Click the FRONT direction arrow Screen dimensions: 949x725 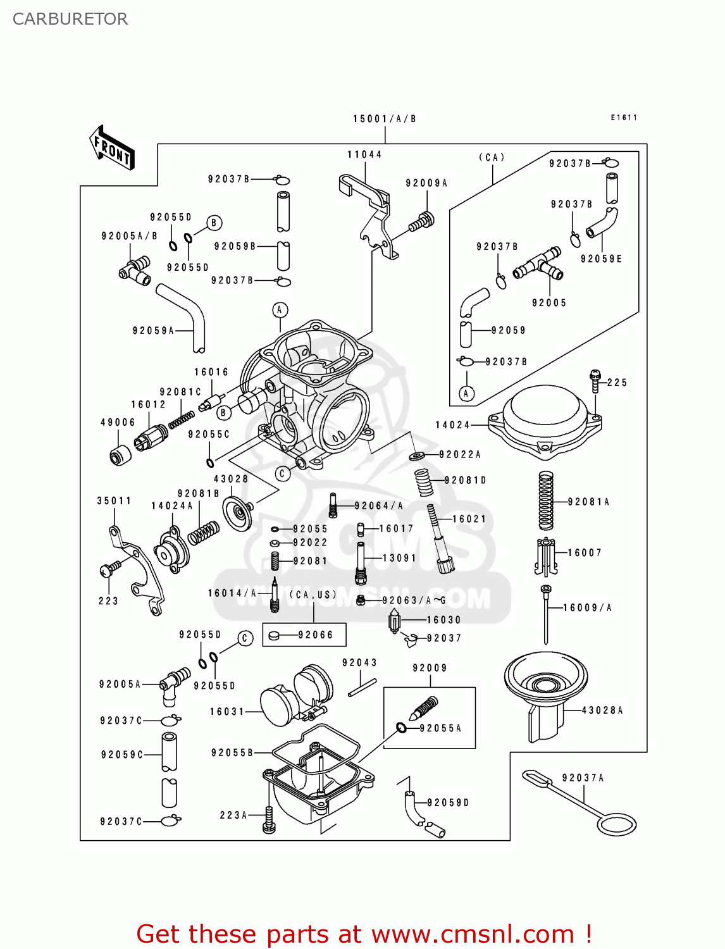point(112,148)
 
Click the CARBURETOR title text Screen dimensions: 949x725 point(70,19)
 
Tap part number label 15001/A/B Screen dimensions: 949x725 point(384,119)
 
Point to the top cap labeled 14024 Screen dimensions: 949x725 point(545,421)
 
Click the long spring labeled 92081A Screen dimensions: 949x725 point(545,500)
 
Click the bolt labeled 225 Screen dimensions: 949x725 point(595,381)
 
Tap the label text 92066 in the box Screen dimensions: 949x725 point(315,635)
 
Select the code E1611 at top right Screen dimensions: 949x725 point(624,118)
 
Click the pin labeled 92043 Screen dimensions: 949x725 point(362,688)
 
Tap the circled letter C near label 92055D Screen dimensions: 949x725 point(245,638)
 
